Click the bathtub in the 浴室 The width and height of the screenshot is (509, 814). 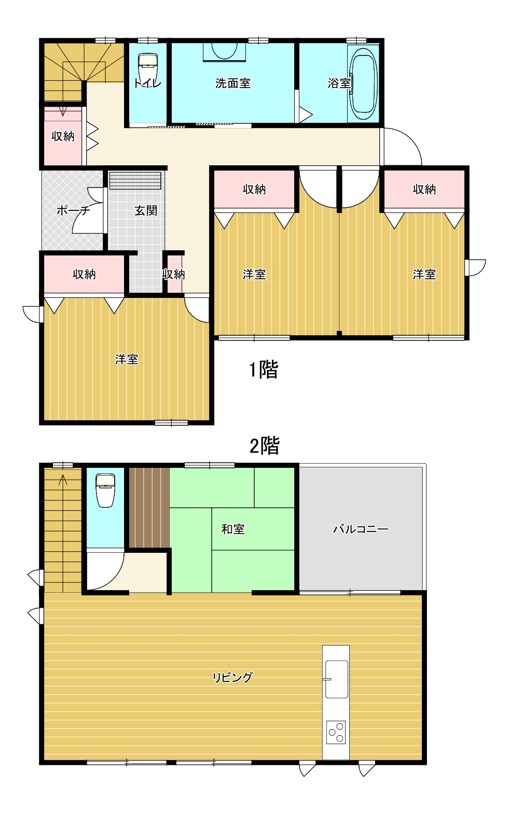tap(363, 83)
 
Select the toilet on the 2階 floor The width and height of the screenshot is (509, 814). tap(105, 490)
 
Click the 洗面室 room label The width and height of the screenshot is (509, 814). tap(233, 83)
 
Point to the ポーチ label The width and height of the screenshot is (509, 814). tap(73, 210)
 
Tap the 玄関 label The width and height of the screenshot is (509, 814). tap(146, 210)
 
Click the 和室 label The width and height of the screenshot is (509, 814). tap(233, 529)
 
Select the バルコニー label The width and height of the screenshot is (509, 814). tap(361, 529)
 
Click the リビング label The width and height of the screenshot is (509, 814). tap(233, 677)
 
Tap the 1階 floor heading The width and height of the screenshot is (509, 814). tap(264, 369)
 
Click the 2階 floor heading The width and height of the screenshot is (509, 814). tap(265, 446)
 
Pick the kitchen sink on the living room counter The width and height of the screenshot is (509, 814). tap(336, 679)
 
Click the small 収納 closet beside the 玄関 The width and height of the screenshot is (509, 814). tap(173, 274)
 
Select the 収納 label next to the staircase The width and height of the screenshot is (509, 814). tap(63, 136)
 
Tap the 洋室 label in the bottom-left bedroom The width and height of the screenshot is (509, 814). tap(127, 359)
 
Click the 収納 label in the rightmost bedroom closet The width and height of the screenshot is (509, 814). tap(424, 189)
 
